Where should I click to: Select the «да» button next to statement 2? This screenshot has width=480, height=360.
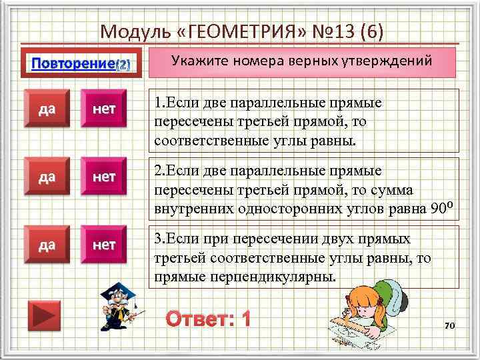pos(47,178)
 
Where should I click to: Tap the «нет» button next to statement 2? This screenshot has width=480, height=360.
pos(104,178)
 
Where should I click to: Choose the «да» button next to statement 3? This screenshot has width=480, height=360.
pos(47,245)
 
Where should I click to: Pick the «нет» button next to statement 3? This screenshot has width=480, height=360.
pos(104,245)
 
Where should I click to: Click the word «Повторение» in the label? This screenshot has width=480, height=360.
pos(73,64)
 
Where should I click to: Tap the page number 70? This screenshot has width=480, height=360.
pos(449,325)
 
